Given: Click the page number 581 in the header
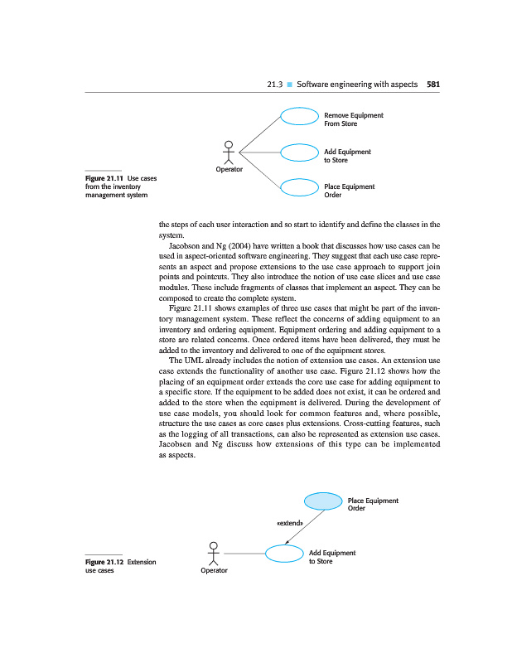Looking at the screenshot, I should tap(432, 84).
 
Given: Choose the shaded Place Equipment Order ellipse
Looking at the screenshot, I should tap(322, 501).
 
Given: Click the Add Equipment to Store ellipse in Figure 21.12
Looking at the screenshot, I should tap(283, 554).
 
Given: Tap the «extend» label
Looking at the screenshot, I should tap(288, 524).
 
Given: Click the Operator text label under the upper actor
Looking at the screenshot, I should tap(229, 169).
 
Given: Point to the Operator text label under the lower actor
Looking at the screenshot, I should tap(214, 570).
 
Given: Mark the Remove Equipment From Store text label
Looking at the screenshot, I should tap(353, 119).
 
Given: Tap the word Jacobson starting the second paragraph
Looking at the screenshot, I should tap(186, 247).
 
